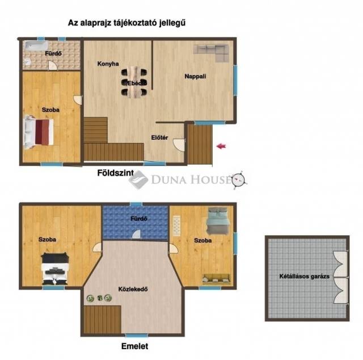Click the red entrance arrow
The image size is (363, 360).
click(x=221, y=146)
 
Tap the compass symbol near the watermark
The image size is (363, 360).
click(x=239, y=179)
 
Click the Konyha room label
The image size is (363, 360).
click(x=108, y=64)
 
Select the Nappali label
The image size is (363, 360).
click(x=195, y=76)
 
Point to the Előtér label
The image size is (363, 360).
click(x=159, y=137)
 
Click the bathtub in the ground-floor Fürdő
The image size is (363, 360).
click(x=36, y=46)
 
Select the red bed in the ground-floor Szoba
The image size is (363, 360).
click(x=39, y=132)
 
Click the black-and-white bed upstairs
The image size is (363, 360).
click(x=55, y=269)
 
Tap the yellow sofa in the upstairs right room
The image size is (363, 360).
click(x=217, y=279)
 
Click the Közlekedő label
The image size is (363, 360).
click(x=133, y=289)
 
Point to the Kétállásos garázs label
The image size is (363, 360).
click(x=304, y=277)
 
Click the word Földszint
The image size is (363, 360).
click(x=116, y=173)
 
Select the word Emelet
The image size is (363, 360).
click(x=135, y=346)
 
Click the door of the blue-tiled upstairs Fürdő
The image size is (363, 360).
click(x=137, y=234)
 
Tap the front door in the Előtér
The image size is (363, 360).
click(x=180, y=145)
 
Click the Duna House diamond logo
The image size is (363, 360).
click(x=138, y=179)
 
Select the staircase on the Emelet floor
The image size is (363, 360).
click(x=103, y=320)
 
